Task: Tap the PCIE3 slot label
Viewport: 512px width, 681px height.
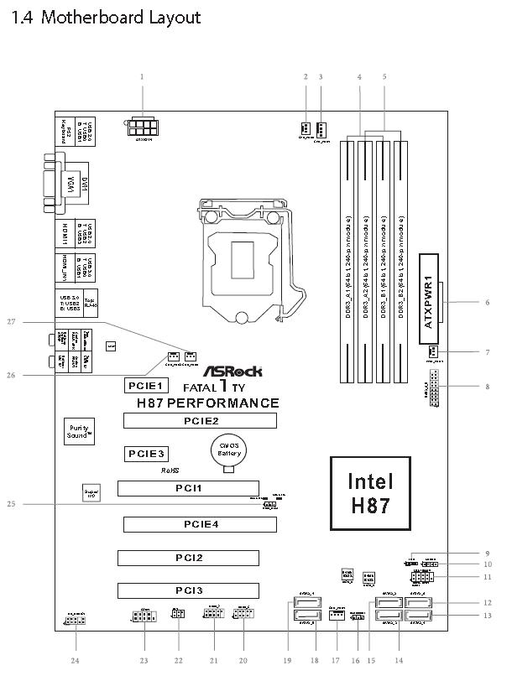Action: [148, 454]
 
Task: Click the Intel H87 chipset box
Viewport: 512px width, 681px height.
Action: [369, 494]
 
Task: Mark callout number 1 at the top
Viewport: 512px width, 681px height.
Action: [143, 77]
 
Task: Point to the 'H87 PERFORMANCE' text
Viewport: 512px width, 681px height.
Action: [207, 403]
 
